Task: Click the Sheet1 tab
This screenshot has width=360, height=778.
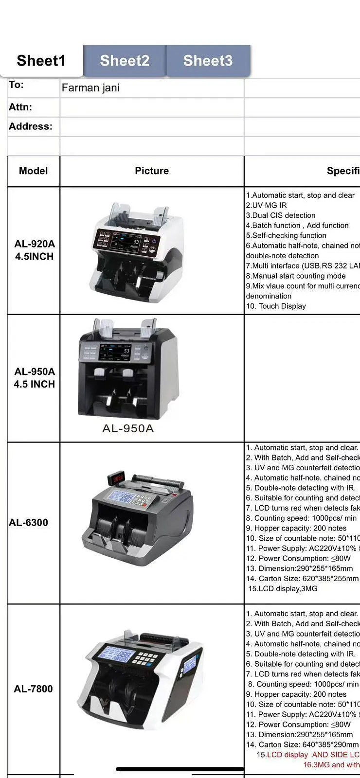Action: [x=41, y=61]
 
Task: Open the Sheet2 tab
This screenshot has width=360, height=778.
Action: [x=125, y=61]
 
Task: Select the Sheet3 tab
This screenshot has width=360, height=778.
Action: [x=208, y=61]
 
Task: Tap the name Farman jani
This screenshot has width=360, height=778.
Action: [x=90, y=88]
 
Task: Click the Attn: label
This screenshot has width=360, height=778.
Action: [x=20, y=107]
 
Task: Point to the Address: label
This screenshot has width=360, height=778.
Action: [x=31, y=126]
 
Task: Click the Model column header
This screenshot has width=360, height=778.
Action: [x=33, y=171]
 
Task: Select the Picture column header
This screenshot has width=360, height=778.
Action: [x=152, y=171]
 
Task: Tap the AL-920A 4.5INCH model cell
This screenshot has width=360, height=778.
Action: [x=35, y=250]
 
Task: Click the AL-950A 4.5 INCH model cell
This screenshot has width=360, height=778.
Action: [x=35, y=378]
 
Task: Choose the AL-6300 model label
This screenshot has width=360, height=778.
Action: [x=29, y=523]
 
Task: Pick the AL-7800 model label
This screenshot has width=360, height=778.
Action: [x=33, y=689]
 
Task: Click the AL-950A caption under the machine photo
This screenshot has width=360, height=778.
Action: [x=128, y=428]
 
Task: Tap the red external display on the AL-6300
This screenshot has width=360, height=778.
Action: [x=118, y=479]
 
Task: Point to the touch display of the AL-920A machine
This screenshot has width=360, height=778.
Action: [x=127, y=242]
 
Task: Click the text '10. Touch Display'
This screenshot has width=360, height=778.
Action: [x=276, y=306]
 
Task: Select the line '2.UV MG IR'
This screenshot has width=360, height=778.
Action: [x=266, y=205]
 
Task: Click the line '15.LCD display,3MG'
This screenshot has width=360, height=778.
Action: [x=283, y=589]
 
